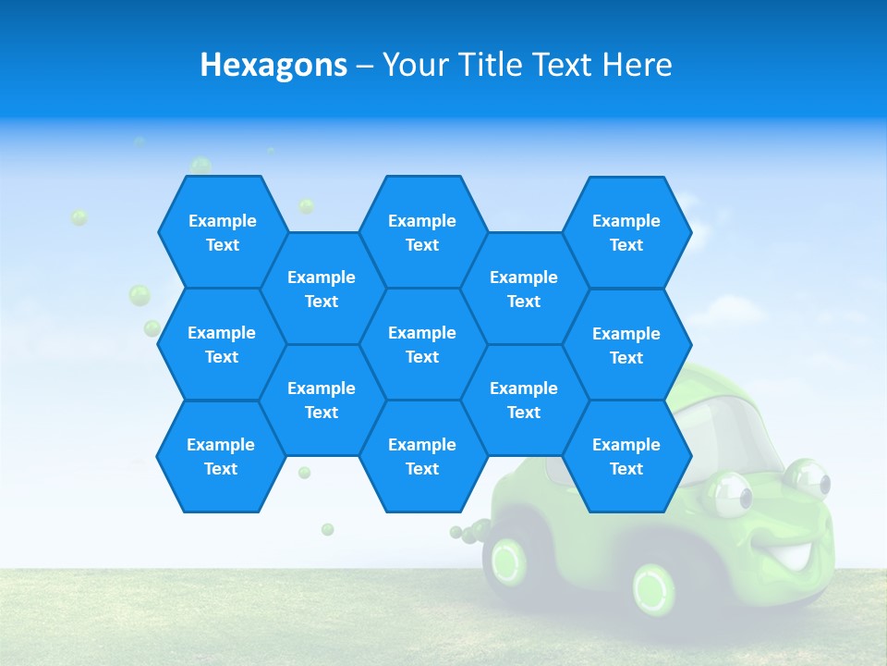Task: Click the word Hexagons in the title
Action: coord(273,65)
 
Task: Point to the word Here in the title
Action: coord(637,65)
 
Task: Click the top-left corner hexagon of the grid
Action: coord(222,232)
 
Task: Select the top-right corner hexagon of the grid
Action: coord(626,232)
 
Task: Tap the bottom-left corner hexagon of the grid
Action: coord(221,456)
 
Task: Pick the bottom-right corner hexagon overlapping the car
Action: coord(626,456)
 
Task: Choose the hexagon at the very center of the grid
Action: coord(422,344)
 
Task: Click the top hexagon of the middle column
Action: coord(422,232)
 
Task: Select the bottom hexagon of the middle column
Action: coord(422,456)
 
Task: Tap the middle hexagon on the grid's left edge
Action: coord(222,344)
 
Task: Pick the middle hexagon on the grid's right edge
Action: coord(626,345)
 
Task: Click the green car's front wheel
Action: coord(654,585)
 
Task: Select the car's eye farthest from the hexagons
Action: coord(808,478)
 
